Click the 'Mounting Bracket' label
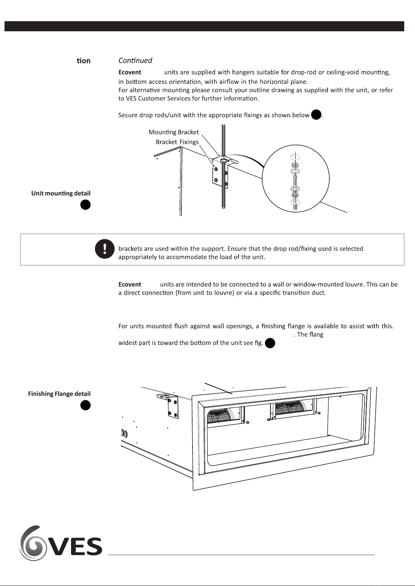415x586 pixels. pos(174,132)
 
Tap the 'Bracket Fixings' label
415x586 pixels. pos(177,142)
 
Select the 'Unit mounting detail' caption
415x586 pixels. pos(61,193)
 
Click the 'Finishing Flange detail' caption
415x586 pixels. pos(59,394)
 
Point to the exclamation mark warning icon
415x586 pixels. pos(105,249)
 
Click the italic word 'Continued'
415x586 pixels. pos(135,61)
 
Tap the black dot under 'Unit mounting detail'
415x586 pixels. pos(85,205)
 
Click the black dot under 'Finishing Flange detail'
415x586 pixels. pos(85,405)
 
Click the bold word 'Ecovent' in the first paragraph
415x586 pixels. pos(130,72)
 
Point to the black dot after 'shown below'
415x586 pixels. pos(316,115)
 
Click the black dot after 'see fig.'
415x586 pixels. pos(270,344)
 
